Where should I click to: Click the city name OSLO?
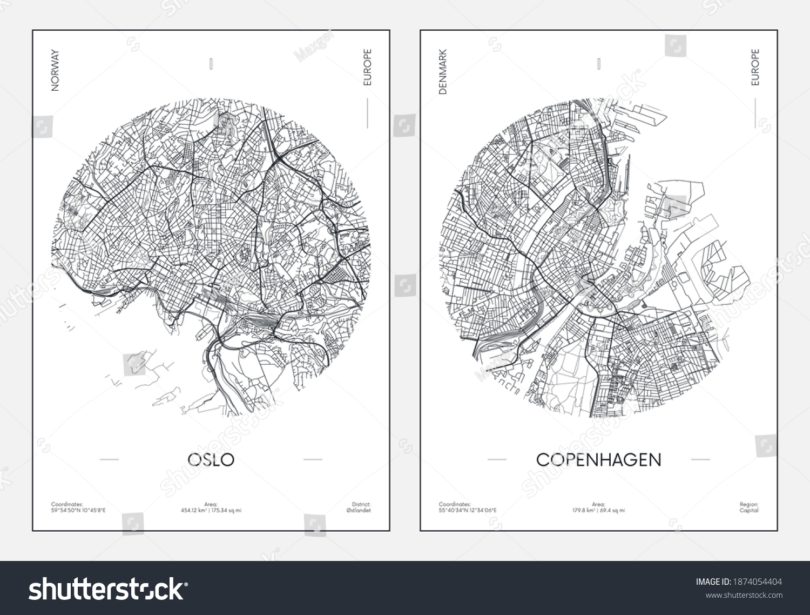(x=211, y=459)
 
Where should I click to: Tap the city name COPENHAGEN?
(x=598, y=459)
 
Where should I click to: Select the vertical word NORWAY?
(x=55, y=70)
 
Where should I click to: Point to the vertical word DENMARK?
(x=443, y=72)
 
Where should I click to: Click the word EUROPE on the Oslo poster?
(x=367, y=68)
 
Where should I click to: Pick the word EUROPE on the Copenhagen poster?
(x=755, y=68)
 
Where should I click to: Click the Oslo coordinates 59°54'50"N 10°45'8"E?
(x=78, y=510)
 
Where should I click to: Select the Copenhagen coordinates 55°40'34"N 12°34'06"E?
(x=468, y=510)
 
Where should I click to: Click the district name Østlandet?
(x=360, y=510)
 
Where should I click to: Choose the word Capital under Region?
(x=750, y=510)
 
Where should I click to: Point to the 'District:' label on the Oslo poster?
(x=361, y=504)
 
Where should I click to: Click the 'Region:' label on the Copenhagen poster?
(x=749, y=504)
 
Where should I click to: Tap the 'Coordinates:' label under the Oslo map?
(x=67, y=504)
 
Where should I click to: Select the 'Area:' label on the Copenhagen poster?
(x=598, y=504)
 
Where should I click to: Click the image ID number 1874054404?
(x=757, y=582)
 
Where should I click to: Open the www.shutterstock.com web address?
(x=744, y=596)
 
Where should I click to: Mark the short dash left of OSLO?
(x=109, y=459)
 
